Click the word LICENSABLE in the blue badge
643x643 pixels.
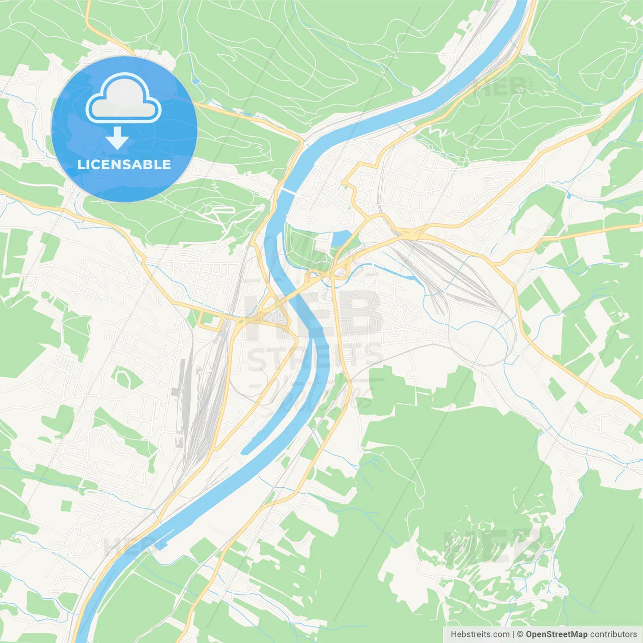(x=124, y=164)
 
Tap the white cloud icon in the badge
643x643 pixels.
(x=124, y=99)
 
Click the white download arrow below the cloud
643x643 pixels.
(x=117, y=138)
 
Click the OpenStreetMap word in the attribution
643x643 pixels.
(x=557, y=634)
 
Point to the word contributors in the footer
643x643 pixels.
(x=613, y=634)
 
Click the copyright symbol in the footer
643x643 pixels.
(x=520, y=634)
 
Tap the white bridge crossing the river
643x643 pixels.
(x=288, y=192)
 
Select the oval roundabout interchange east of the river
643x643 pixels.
(x=341, y=272)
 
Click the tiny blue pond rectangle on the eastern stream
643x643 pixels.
(x=569, y=194)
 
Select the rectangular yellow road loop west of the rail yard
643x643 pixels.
(x=210, y=320)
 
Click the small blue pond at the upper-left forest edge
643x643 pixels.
(x=196, y=81)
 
